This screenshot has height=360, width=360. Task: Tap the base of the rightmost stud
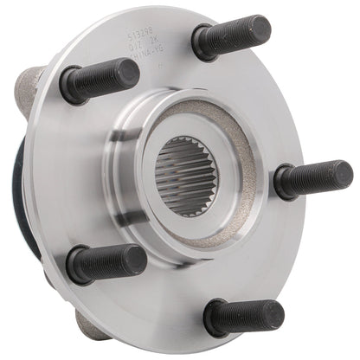(282, 183)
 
